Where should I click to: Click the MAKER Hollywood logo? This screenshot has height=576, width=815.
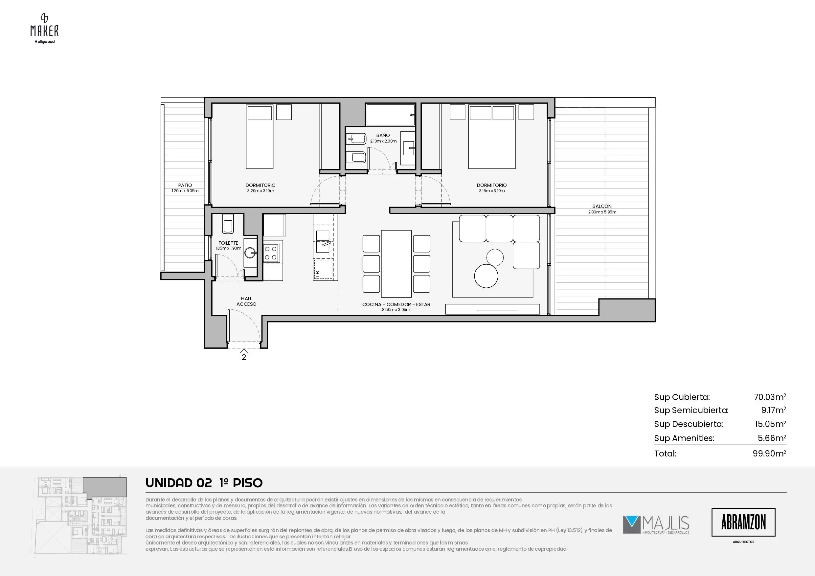44,28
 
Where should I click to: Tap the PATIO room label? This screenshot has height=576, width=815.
185,185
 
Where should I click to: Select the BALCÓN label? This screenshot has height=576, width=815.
602,206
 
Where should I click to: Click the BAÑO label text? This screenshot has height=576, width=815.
383,135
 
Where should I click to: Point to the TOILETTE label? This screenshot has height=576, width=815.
228,243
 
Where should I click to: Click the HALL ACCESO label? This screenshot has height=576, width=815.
246,301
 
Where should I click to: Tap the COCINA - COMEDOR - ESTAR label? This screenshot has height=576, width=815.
396,304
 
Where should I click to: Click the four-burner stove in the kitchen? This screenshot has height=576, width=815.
271,254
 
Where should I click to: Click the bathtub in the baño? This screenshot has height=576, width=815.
391,115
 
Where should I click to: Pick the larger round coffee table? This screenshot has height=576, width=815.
486,276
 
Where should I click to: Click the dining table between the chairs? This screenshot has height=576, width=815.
396,264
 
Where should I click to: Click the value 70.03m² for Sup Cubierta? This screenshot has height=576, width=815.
770,397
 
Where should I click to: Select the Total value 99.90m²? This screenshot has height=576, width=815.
769,453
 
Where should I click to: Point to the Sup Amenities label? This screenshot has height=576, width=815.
684,438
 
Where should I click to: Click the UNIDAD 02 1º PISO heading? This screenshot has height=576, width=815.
204,483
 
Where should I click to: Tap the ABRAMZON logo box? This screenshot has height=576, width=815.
743,522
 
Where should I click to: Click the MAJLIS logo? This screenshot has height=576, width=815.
656,525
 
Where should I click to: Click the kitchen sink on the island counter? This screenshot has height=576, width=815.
323,241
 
